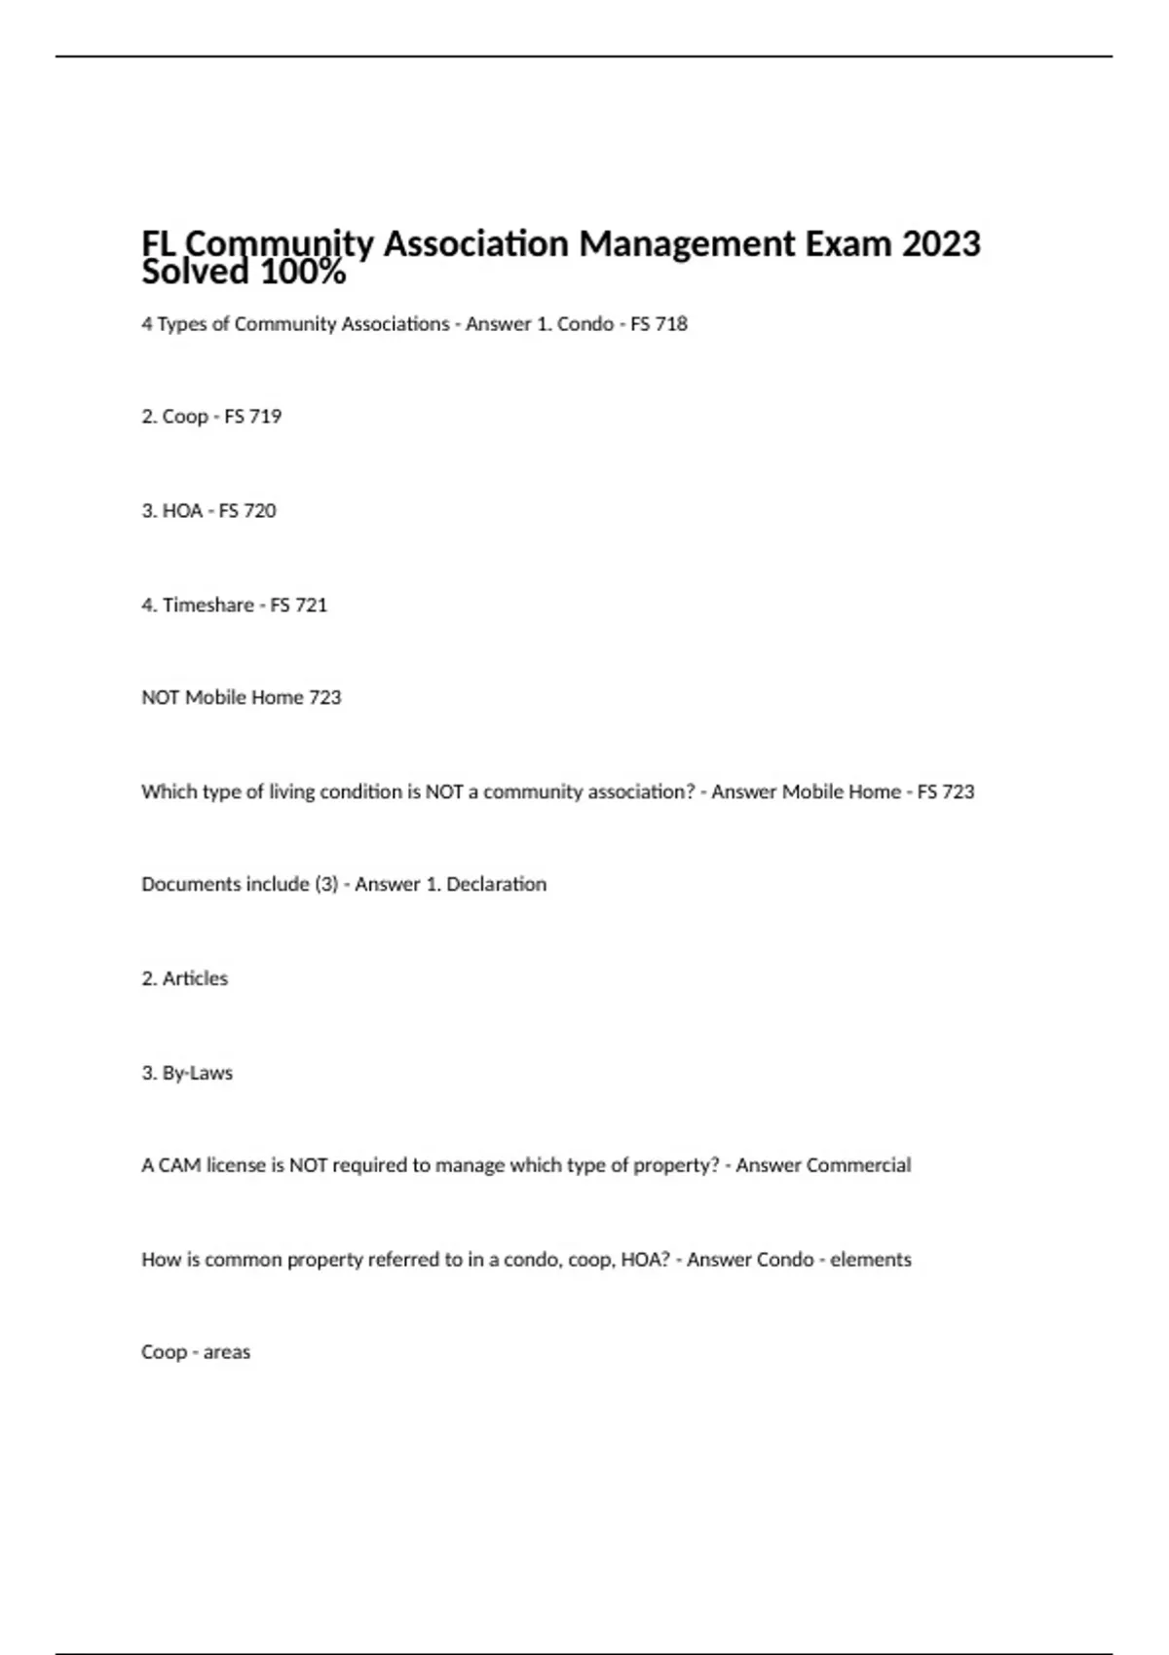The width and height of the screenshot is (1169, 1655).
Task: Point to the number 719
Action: [265, 417]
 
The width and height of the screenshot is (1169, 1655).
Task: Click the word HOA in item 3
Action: [182, 511]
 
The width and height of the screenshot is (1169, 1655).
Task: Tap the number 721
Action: [311, 606]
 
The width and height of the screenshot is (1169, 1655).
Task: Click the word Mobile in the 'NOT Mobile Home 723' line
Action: [215, 698]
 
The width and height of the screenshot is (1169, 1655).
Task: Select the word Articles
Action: [195, 979]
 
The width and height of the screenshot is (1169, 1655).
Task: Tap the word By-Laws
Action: [198, 1074]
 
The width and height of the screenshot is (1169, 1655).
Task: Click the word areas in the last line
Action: [227, 1353]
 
